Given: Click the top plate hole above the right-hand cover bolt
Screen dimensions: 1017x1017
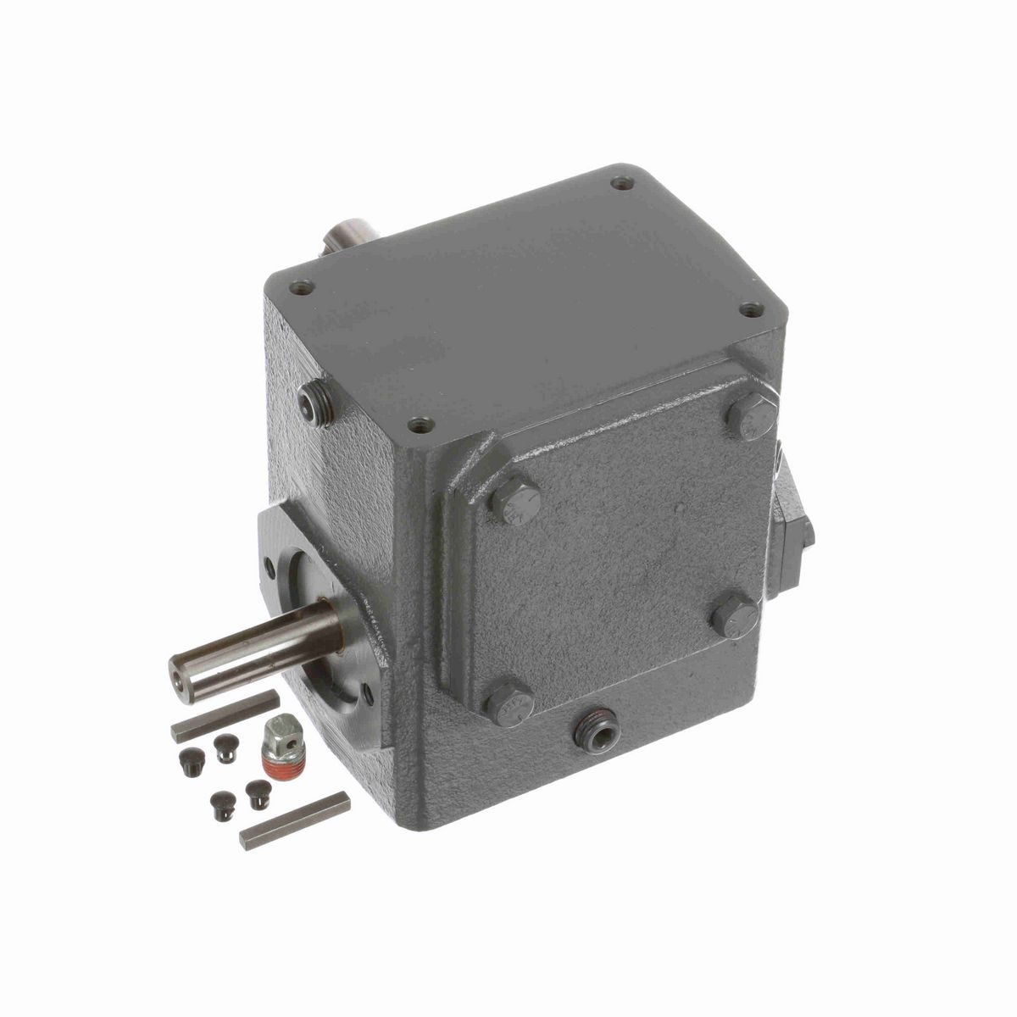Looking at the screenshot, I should click(749, 311).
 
